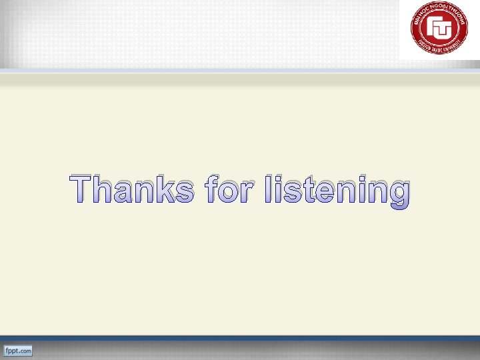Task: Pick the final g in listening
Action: coord(397,195)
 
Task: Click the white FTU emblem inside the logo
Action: coord(439,28)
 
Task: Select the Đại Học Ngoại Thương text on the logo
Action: coord(439,9)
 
